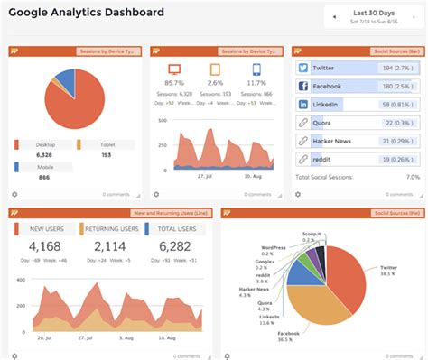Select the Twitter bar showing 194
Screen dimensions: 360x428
click(x=358, y=68)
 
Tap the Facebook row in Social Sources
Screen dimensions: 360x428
click(x=358, y=86)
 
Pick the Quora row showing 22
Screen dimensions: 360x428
click(x=358, y=122)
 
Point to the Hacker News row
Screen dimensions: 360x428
click(x=358, y=140)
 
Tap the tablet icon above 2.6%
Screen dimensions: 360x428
click(x=216, y=69)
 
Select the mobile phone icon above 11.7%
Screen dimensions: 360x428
click(x=256, y=69)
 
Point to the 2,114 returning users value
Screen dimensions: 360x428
click(x=110, y=246)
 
